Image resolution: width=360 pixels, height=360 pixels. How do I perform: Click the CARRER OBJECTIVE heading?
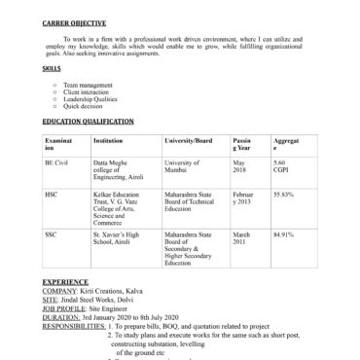click(x=75, y=21)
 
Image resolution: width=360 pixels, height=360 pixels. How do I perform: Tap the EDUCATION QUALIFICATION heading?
click(x=89, y=121)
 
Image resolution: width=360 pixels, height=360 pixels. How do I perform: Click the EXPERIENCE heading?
click(x=66, y=281)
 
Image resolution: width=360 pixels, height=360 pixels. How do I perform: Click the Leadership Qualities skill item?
click(x=90, y=98)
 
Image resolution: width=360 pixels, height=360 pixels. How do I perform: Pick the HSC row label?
click(x=52, y=195)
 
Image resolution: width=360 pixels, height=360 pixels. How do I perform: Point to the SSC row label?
click(x=51, y=234)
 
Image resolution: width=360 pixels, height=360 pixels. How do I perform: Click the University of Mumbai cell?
click(x=183, y=166)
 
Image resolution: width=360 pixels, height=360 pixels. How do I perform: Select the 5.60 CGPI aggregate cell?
click(x=285, y=166)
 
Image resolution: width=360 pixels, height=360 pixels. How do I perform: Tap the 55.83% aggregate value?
click(x=284, y=195)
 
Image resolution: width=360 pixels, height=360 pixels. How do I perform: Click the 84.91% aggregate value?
click(x=284, y=234)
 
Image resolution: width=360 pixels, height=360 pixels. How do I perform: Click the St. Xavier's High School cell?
click(x=117, y=238)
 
